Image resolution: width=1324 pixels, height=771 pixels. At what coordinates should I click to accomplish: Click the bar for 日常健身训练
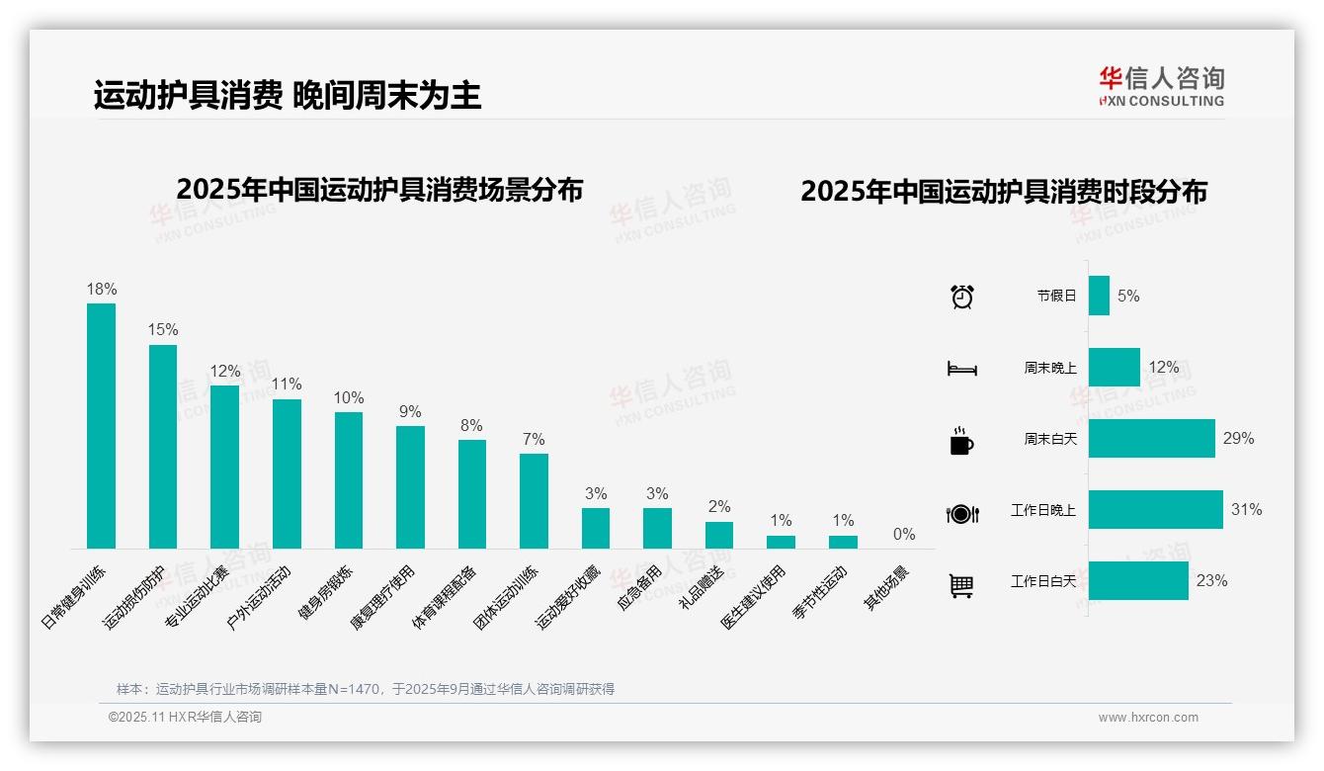(x=101, y=425)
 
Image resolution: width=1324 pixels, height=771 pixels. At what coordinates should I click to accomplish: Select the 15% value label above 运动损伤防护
(x=163, y=330)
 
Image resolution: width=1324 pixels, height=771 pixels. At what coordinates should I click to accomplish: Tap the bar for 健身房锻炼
(x=348, y=479)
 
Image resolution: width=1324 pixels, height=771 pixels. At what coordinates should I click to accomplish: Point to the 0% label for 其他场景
(x=904, y=535)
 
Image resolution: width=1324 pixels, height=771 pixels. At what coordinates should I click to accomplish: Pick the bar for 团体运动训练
(x=534, y=500)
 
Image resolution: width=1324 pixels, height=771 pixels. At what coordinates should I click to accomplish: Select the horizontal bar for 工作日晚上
(x=1155, y=510)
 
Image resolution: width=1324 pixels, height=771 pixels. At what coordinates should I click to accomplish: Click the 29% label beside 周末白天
(x=1238, y=438)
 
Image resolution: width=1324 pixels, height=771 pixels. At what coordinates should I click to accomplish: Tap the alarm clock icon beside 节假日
(x=961, y=297)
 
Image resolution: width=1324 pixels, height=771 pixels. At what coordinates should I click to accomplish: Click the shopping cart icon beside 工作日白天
(x=961, y=585)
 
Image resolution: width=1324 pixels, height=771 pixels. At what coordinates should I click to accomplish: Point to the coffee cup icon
(x=961, y=441)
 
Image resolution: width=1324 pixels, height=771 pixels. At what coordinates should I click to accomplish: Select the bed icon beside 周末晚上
(x=961, y=369)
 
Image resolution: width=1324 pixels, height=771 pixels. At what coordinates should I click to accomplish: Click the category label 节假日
(x=1056, y=296)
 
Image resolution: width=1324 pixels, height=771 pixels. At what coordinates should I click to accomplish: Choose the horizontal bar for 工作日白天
(x=1138, y=581)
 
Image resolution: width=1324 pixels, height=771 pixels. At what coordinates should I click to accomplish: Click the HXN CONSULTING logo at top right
(x=1162, y=87)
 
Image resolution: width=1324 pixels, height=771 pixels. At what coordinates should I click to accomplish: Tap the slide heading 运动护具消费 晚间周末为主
(x=288, y=95)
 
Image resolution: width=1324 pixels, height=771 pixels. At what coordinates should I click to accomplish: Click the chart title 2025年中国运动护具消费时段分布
(x=1003, y=192)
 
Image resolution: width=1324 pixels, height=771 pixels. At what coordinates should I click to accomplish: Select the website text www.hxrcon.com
(x=1147, y=718)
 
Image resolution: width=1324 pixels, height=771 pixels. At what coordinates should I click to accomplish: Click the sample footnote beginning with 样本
(x=366, y=689)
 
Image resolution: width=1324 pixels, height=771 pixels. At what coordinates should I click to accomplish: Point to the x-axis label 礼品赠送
(x=703, y=586)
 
